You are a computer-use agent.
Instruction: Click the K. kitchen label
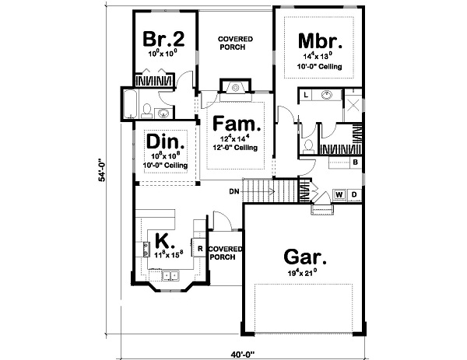tap(163, 239)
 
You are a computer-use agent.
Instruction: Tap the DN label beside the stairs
tap(233, 190)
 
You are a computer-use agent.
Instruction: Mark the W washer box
tap(339, 194)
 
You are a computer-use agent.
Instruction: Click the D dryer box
tap(353, 194)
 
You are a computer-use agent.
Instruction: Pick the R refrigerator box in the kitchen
tap(200, 249)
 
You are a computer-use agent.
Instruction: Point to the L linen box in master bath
tap(306, 95)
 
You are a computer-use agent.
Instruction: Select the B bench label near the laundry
tap(354, 163)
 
